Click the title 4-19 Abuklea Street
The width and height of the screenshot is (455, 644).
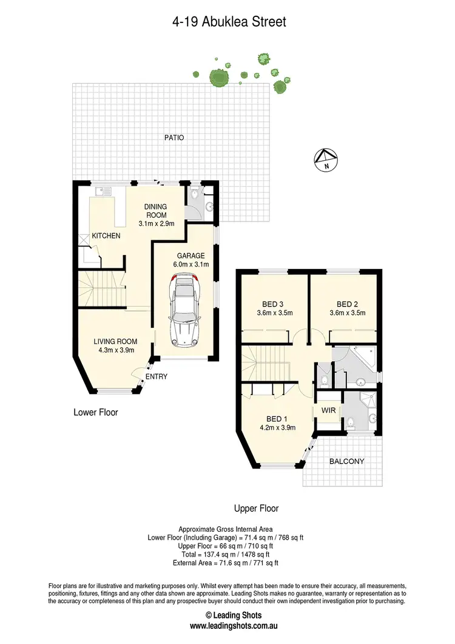pos(227,22)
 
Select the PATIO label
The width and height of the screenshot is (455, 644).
pos(173,138)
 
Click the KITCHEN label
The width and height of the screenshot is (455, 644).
pos(106,236)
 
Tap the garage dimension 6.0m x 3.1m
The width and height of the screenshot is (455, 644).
pos(191,264)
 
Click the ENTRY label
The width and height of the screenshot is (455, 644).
pos(157,377)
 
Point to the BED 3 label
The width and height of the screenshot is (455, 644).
pos(272,304)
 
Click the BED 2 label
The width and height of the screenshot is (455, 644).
pos(346,304)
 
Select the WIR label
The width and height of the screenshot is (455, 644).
pos(328,411)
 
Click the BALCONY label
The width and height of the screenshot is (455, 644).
pos(347,461)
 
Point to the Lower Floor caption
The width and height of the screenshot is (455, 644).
pos(96,412)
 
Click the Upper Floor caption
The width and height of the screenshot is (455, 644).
pos(256,508)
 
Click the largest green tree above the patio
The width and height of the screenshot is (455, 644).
pos(217,77)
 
